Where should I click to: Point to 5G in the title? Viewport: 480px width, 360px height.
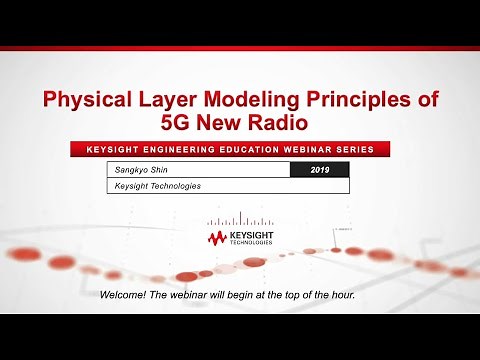[176, 123]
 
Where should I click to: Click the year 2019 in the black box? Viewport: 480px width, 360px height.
[319, 170]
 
